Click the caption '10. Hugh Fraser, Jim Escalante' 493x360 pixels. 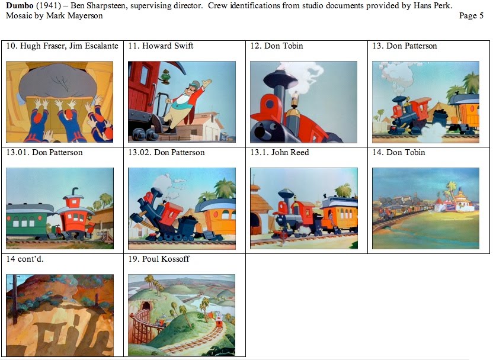pos(62,46)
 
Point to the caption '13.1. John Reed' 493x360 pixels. pos(280,152)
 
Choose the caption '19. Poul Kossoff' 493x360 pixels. pos(159,259)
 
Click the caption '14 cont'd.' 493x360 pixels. pos(27,259)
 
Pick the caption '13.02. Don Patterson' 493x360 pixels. pos(167,152)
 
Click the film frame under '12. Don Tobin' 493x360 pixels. pos(303,102)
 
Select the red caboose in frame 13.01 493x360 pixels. pos(74,216)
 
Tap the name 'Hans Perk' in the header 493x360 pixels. pos(433,5)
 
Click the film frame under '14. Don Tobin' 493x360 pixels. pos(425,208)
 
